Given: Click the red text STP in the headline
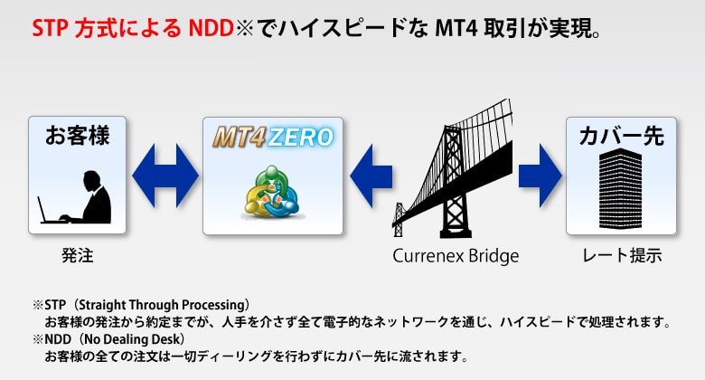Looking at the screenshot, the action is (x=51, y=29).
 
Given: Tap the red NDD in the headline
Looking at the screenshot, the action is (x=211, y=29).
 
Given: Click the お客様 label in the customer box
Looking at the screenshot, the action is (x=78, y=136).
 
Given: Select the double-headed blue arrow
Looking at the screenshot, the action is (x=165, y=176).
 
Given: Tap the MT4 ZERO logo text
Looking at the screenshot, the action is (x=273, y=137).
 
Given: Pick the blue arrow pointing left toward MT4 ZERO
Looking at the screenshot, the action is (x=371, y=176).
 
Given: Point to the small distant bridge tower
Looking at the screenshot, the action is (x=399, y=220).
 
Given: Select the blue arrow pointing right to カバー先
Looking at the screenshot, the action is (x=540, y=176).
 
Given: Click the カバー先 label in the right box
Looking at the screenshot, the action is (x=621, y=136).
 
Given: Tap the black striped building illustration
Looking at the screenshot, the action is (x=620, y=189).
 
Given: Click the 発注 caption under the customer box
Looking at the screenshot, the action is (x=78, y=255).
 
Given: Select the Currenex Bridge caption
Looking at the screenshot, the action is (x=456, y=256).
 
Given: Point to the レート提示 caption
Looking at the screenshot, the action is (x=622, y=255).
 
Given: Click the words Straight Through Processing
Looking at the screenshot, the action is (x=161, y=305).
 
